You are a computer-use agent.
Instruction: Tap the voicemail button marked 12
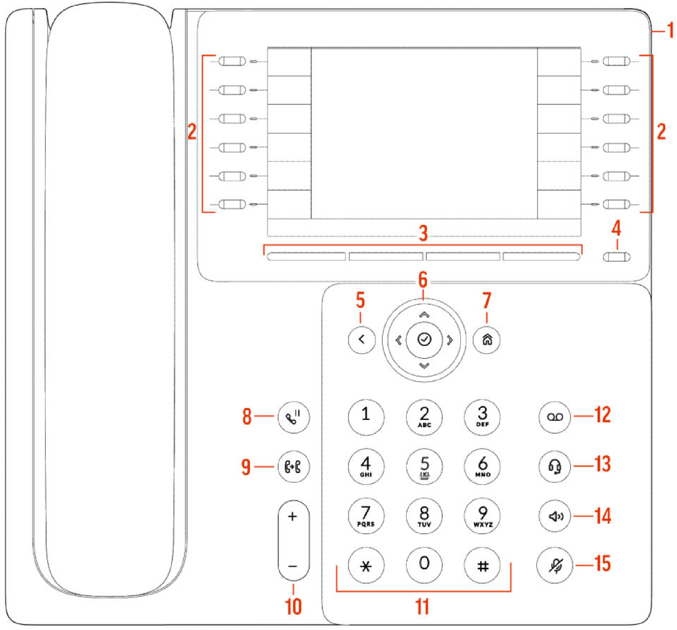click(555, 417)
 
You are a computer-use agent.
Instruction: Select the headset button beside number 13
click(555, 467)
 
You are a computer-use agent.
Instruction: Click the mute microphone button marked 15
click(555, 565)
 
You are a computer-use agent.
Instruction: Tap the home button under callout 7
click(487, 339)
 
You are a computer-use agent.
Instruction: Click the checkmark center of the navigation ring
click(424, 339)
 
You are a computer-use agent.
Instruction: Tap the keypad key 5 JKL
click(424, 467)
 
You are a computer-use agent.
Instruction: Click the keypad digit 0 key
click(424, 564)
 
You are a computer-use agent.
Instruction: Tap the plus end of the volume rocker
click(293, 517)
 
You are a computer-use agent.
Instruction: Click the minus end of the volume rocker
click(293, 566)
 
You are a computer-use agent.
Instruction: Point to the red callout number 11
click(423, 606)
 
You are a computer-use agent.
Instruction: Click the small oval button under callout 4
click(616, 257)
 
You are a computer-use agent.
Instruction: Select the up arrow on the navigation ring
click(424, 314)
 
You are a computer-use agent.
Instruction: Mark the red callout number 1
click(671, 30)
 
